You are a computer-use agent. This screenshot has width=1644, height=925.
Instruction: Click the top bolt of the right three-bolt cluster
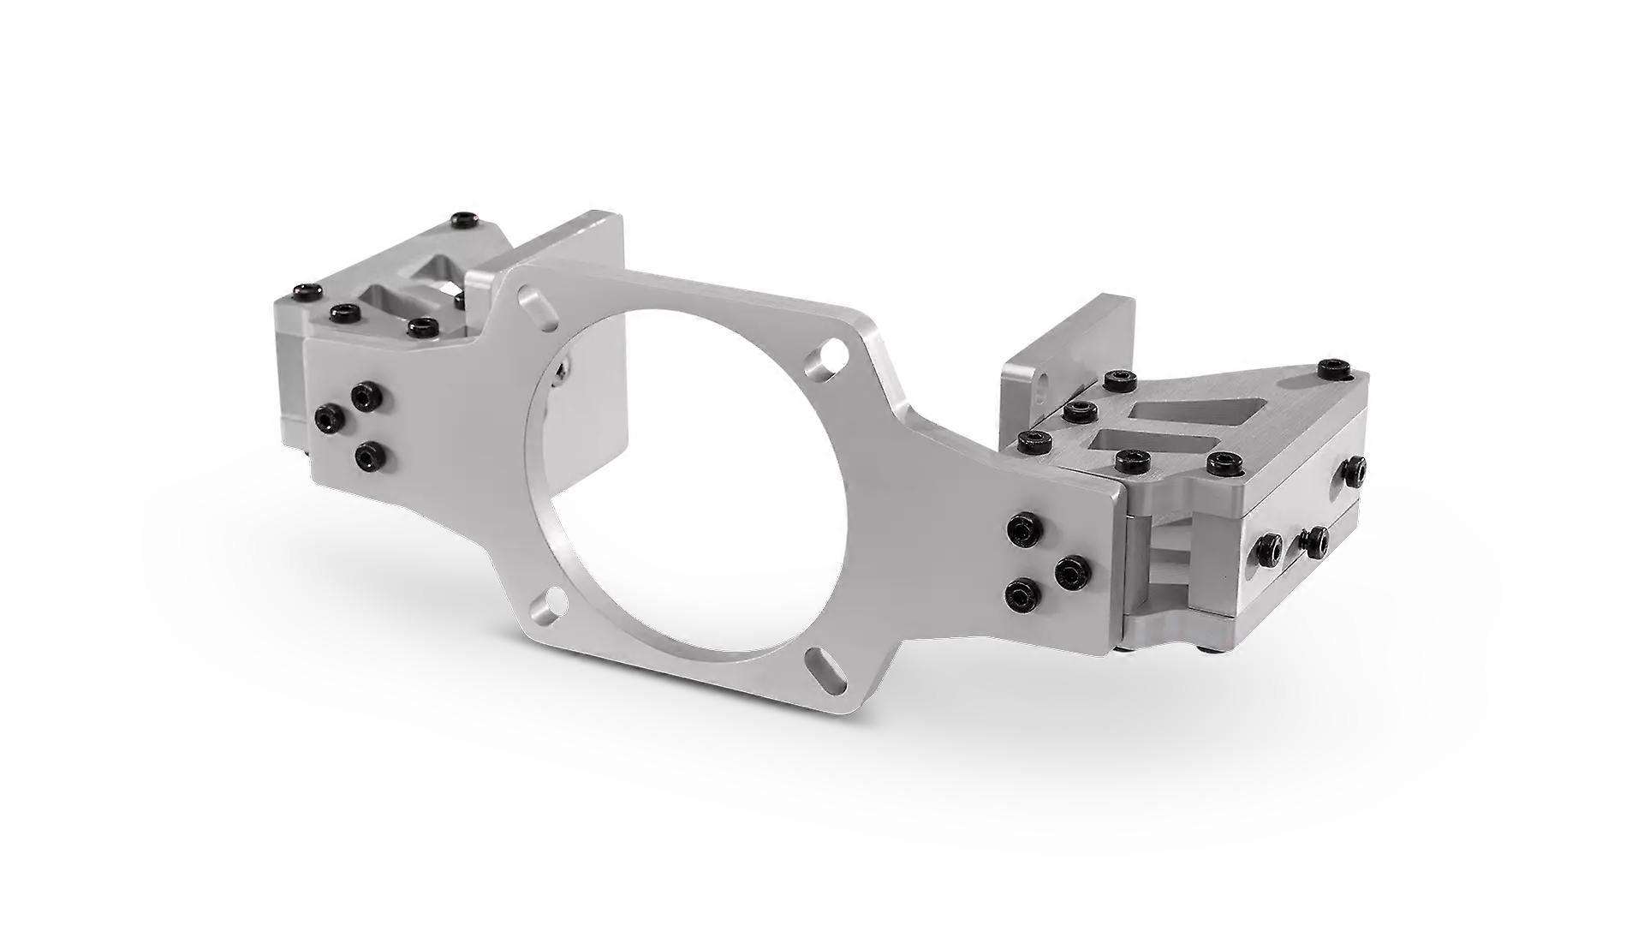click(x=1024, y=529)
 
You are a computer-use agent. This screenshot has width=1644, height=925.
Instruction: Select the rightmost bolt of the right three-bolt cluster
click(x=1071, y=571)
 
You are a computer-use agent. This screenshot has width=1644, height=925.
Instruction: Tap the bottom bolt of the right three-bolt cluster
click(x=1023, y=593)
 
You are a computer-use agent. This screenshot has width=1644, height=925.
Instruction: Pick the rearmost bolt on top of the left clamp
click(x=464, y=220)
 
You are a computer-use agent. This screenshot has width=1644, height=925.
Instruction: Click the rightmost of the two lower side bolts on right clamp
click(x=1313, y=541)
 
